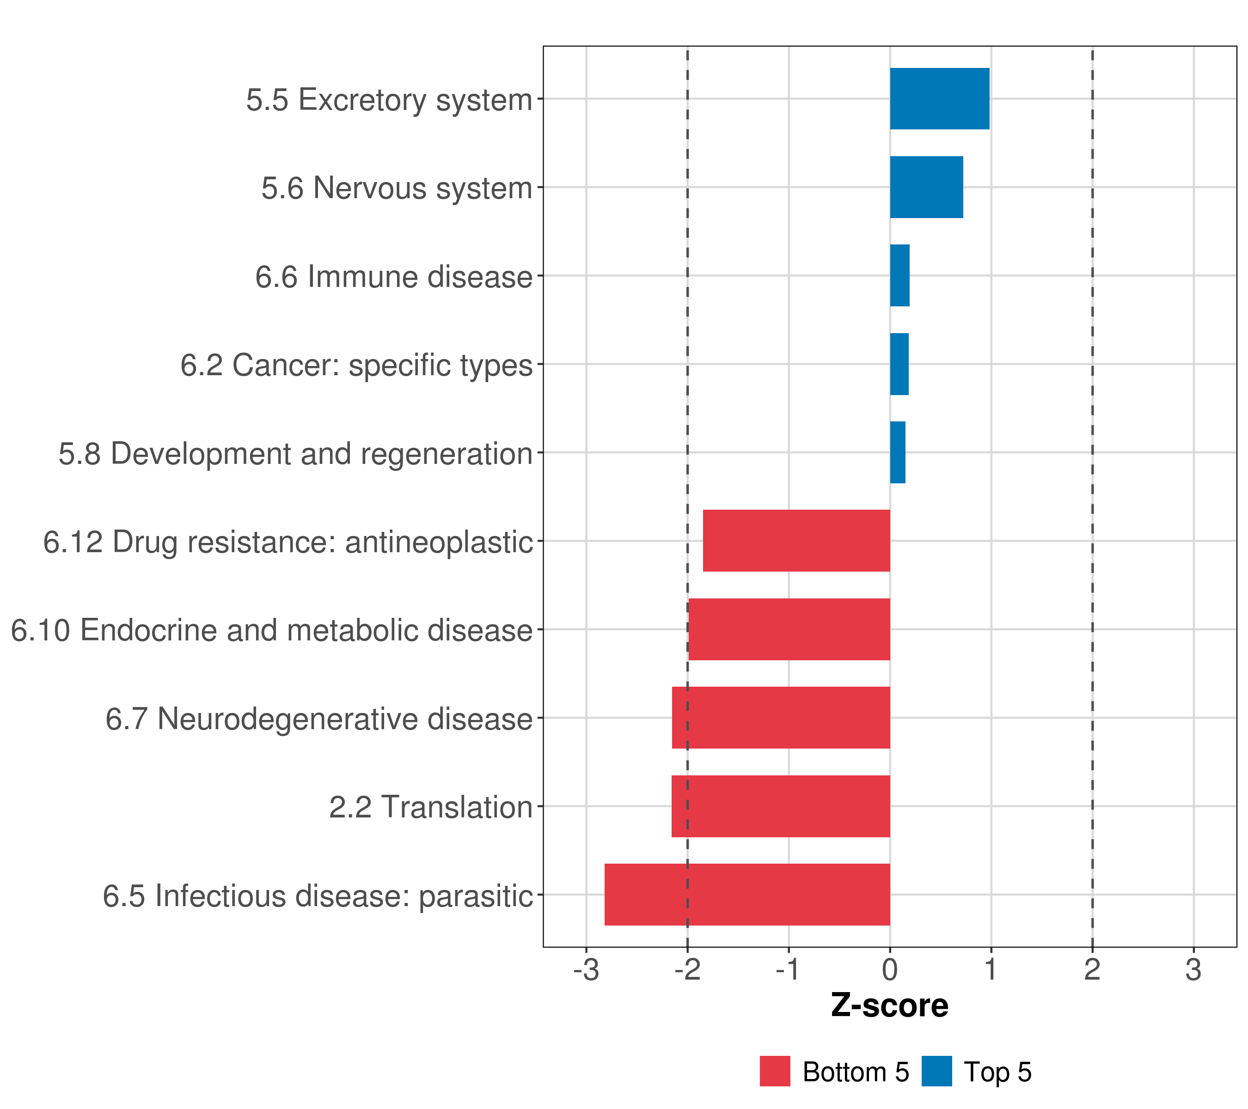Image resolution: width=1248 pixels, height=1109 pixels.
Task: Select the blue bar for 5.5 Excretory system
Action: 939,99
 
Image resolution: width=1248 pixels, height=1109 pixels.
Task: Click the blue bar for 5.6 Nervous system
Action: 926,188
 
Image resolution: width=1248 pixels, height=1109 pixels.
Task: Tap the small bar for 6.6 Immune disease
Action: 899,276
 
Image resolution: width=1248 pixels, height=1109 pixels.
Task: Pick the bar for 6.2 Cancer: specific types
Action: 899,365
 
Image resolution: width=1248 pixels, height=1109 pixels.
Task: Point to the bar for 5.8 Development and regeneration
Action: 898,452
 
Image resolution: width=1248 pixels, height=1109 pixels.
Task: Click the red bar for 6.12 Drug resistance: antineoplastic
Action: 796,541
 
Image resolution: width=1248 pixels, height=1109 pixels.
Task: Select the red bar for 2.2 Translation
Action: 780,806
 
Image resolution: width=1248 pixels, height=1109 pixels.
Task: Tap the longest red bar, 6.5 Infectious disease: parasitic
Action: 747,895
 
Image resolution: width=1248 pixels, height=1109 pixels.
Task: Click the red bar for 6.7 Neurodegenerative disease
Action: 780,718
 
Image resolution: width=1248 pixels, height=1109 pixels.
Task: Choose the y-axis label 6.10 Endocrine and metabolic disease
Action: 272,630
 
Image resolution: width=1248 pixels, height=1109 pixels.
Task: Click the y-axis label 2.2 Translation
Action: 430,807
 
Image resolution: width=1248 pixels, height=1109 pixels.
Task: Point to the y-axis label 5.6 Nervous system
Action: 397,188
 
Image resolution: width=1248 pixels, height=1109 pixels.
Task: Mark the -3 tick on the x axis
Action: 586,970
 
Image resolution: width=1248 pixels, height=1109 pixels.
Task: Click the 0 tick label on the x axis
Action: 890,970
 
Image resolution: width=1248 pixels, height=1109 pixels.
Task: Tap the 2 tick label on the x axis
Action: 1092,970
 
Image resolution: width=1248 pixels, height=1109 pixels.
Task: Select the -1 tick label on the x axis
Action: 788,970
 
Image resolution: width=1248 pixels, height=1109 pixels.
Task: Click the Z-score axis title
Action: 890,1006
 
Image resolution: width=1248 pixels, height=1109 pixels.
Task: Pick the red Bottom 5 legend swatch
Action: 775,1071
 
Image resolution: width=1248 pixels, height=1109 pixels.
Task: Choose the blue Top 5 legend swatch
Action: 936,1071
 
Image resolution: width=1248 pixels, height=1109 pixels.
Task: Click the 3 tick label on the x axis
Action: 1193,970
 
